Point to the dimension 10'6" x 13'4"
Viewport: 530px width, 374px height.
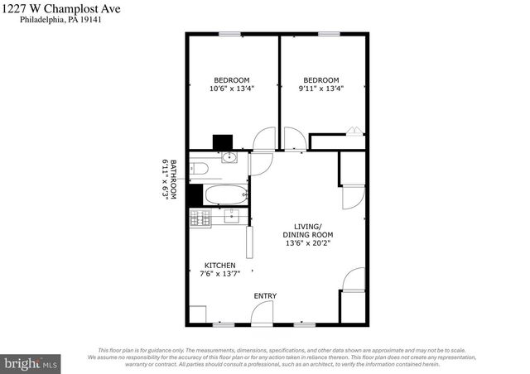[x=231, y=89]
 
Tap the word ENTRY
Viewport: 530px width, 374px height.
[x=266, y=295]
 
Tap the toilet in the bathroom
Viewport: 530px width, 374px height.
[x=198, y=169]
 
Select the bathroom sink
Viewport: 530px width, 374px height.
[x=228, y=157]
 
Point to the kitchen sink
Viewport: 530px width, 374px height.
[x=232, y=217]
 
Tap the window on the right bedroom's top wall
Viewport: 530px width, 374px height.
[x=328, y=34]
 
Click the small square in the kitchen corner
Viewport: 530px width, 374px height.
[x=197, y=314]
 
